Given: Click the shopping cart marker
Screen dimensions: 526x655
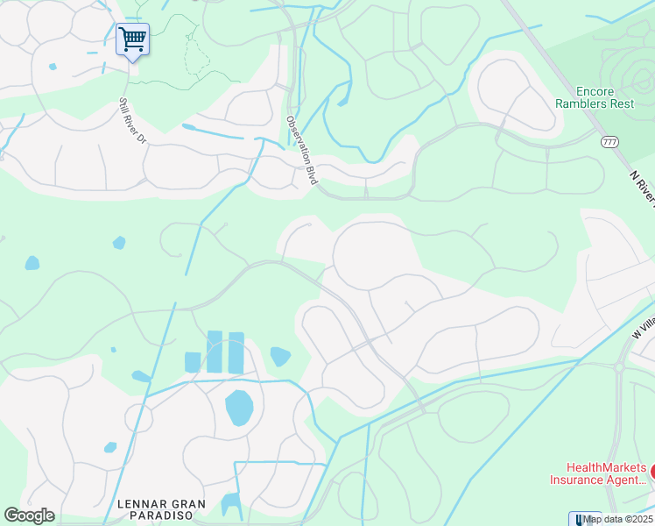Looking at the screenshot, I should pos(132,39).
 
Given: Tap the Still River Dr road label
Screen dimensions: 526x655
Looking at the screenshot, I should pos(131,120).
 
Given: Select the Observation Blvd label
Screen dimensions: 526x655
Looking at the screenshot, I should pos(300,149).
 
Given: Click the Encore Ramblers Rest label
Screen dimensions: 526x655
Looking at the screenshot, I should pos(594,97).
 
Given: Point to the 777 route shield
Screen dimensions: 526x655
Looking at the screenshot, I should pos(610,142).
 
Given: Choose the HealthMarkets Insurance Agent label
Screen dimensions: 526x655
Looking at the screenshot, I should pos(599,473).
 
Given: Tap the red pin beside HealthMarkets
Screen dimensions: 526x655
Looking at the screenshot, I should pos(653,472).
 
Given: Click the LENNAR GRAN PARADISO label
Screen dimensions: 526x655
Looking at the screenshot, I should pos(162,509).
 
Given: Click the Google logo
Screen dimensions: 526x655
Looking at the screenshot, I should pos(29,515).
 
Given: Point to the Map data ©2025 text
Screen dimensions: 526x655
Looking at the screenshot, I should pos(617,519).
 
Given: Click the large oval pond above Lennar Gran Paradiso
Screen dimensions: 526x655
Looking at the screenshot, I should pos(239,408).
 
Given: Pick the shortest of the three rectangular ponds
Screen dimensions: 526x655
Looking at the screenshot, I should pos(193,362).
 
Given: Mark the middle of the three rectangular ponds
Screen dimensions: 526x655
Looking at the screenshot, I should pos(215,352).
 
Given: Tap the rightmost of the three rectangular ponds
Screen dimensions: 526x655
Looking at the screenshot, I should pos(236,352).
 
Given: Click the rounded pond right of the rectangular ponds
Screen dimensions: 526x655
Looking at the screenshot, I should pos(279,356).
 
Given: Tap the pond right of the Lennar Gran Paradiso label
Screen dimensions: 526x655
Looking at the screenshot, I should pos(230,504).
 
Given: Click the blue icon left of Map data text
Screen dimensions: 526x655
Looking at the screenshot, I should pos(575,519).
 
